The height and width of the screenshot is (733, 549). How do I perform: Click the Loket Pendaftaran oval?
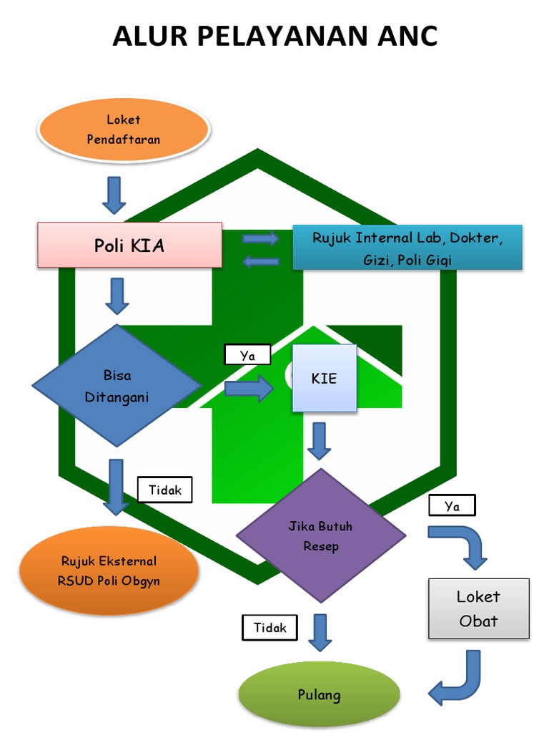pyautogui.click(x=124, y=130)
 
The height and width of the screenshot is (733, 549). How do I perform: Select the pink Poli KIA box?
pyautogui.click(x=130, y=245)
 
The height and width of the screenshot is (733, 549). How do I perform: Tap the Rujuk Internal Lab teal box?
pyautogui.click(x=407, y=247)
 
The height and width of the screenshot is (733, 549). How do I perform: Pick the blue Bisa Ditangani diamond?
pyautogui.click(x=117, y=386)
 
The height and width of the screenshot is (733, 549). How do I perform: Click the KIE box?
pyautogui.click(x=325, y=378)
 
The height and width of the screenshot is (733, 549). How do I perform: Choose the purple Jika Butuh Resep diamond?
pyautogui.click(x=321, y=535)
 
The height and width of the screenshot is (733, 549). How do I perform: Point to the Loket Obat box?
pyautogui.click(x=478, y=608)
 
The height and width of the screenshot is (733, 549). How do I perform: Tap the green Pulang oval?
pyautogui.click(x=320, y=694)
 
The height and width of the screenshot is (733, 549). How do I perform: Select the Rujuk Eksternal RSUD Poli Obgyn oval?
pyautogui.click(x=109, y=571)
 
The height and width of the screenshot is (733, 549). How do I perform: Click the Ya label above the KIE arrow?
pyautogui.click(x=247, y=355)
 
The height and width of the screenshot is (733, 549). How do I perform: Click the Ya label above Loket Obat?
pyautogui.click(x=452, y=505)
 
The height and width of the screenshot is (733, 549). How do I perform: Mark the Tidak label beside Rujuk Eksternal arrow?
pyautogui.click(x=165, y=490)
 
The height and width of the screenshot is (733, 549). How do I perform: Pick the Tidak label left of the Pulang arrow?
pyautogui.click(x=269, y=627)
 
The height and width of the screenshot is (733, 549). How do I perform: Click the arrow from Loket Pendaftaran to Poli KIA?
pyautogui.click(x=114, y=195)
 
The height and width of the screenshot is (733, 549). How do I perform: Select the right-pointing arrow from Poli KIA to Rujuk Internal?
pyautogui.click(x=260, y=238)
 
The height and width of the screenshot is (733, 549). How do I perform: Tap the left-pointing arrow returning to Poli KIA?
pyautogui.click(x=262, y=261)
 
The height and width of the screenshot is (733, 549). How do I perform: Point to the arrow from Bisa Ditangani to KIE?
pyautogui.click(x=249, y=388)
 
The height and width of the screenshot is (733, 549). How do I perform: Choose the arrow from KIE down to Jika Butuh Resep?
pyautogui.click(x=320, y=441)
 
